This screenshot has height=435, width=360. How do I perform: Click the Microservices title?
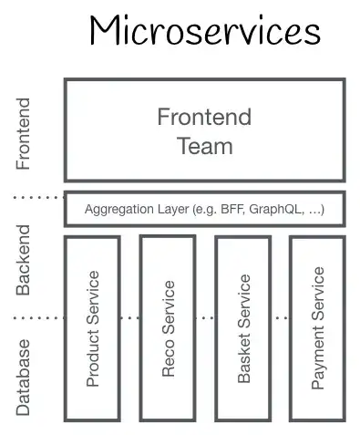(x=204, y=32)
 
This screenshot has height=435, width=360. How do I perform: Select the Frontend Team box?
(x=204, y=129)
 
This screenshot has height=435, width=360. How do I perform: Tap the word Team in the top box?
(x=205, y=145)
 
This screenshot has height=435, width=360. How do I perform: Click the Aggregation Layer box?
(x=204, y=209)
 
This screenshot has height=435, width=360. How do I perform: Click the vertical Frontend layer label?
(x=23, y=134)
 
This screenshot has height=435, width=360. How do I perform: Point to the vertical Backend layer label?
(x=23, y=259)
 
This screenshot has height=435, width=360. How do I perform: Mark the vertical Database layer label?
(x=23, y=377)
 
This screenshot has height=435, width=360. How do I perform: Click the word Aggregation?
(x=118, y=210)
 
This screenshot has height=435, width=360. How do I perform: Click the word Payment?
(x=317, y=360)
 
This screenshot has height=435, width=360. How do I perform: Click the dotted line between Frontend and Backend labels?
(x=36, y=196)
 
